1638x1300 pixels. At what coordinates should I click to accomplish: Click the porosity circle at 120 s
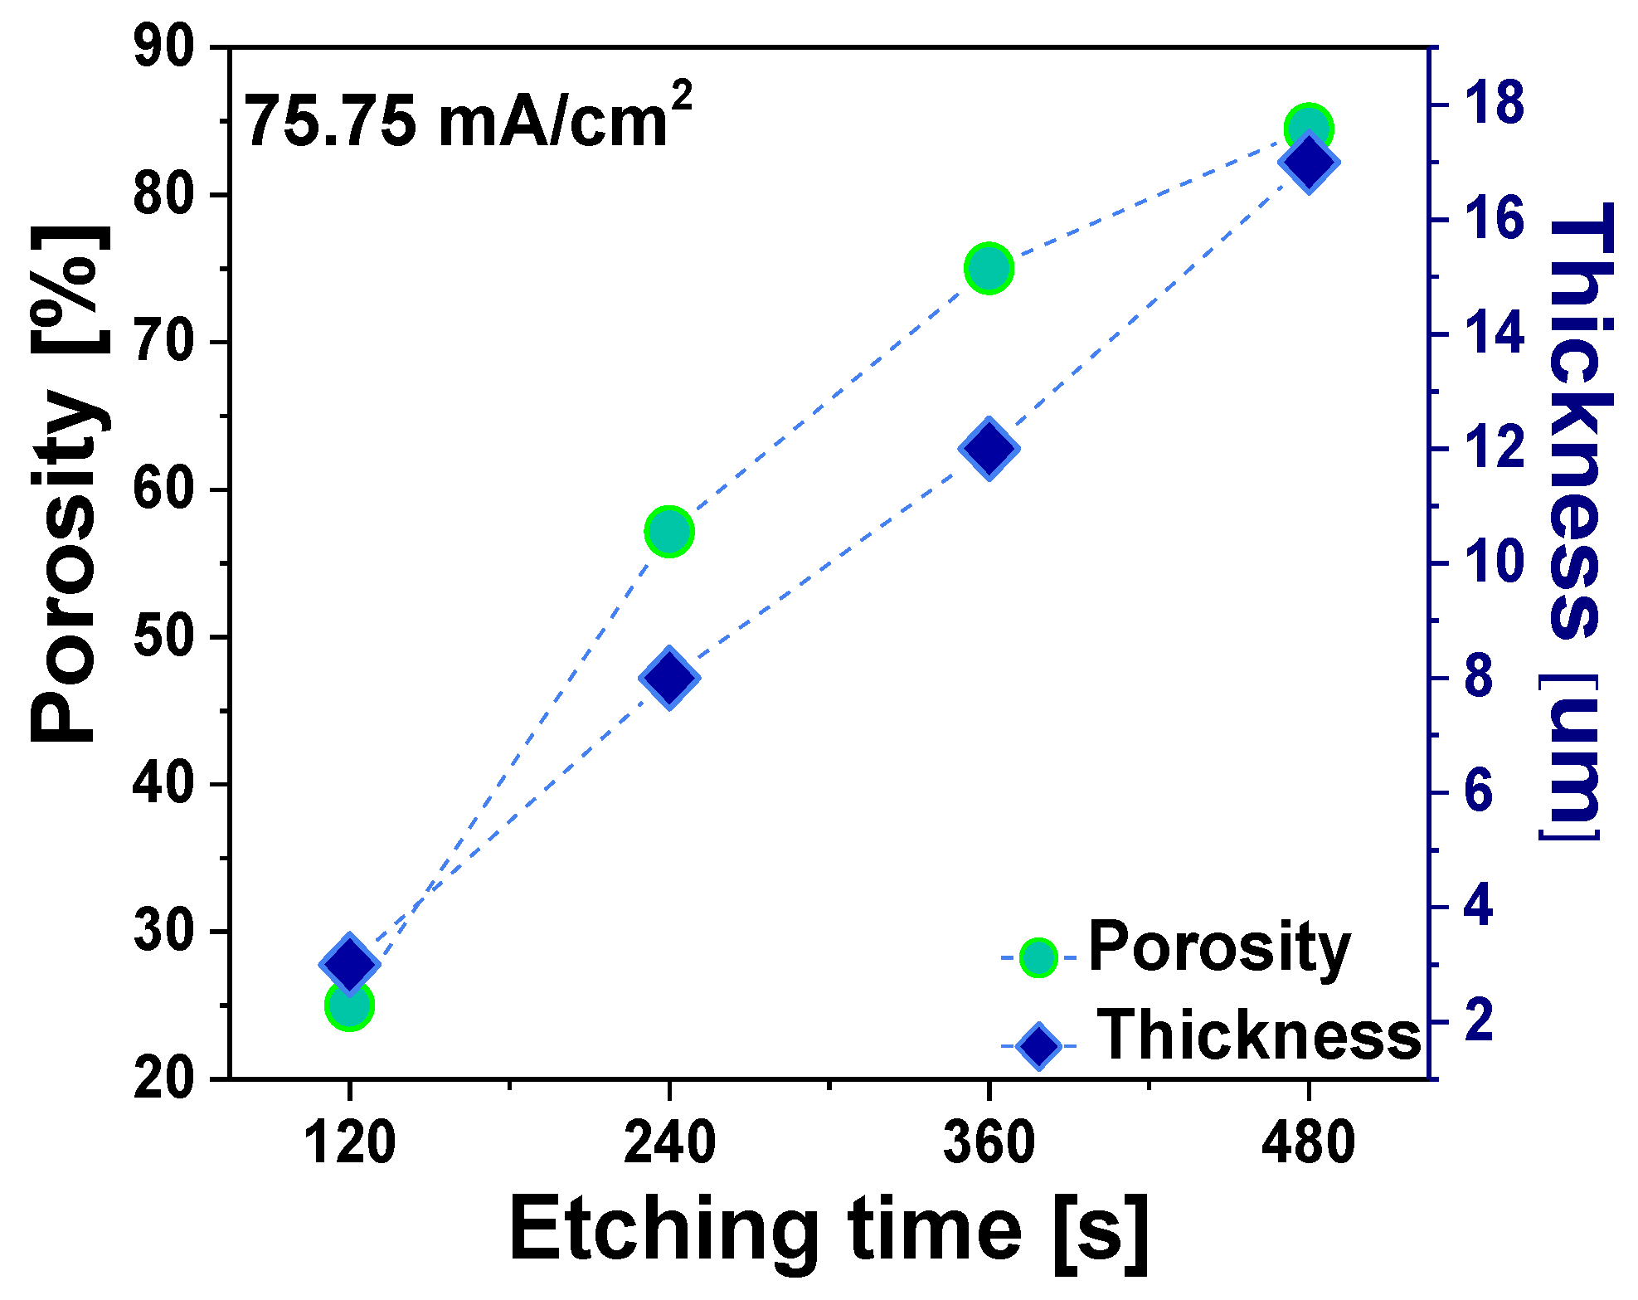tap(349, 1005)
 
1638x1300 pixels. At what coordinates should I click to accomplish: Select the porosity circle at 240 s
tap(668, 531)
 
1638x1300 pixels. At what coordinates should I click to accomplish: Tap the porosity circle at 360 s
tap(989, 268)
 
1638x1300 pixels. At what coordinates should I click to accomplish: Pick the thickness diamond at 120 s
tap(349, 963)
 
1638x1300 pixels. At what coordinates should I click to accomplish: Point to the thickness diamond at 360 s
tap(989, 448)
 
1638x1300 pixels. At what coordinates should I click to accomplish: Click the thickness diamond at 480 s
tap(1309, 162)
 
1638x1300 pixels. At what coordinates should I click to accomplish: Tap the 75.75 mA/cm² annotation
tap(469, 119)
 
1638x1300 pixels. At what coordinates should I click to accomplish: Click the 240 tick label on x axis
tap(668, 1142)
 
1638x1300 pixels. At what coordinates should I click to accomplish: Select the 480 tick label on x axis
tap(1308, 1142)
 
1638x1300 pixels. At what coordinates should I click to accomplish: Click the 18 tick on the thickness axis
tap(1493, 105)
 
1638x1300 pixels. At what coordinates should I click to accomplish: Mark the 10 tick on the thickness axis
tap(1493, 563)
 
